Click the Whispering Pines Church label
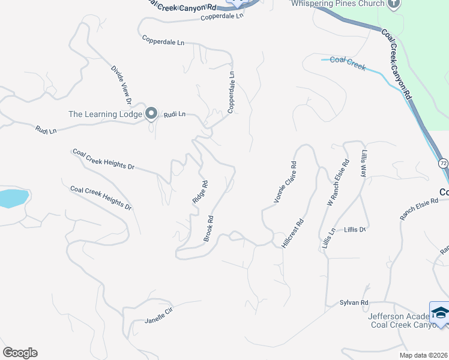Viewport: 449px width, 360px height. pos(337,4)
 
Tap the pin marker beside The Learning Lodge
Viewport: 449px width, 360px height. pos(151,113)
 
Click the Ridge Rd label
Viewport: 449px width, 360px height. pos(200,193)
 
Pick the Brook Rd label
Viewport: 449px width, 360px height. pos(208,229)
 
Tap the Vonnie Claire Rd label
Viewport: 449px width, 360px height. pos(285,182)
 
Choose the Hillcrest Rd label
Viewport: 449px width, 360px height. pos(292,233)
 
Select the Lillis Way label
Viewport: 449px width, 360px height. pos(363,163)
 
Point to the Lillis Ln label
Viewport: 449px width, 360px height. pos(328,239)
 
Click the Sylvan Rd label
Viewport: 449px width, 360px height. pos(354,303)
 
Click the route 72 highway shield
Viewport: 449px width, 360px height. pos(443,163)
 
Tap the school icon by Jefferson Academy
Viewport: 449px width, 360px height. pos(440,313)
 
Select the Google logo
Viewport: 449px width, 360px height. pos(20,353)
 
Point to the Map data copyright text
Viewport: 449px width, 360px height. pos(423,355)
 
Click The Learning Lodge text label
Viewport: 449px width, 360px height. pos(105,114)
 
